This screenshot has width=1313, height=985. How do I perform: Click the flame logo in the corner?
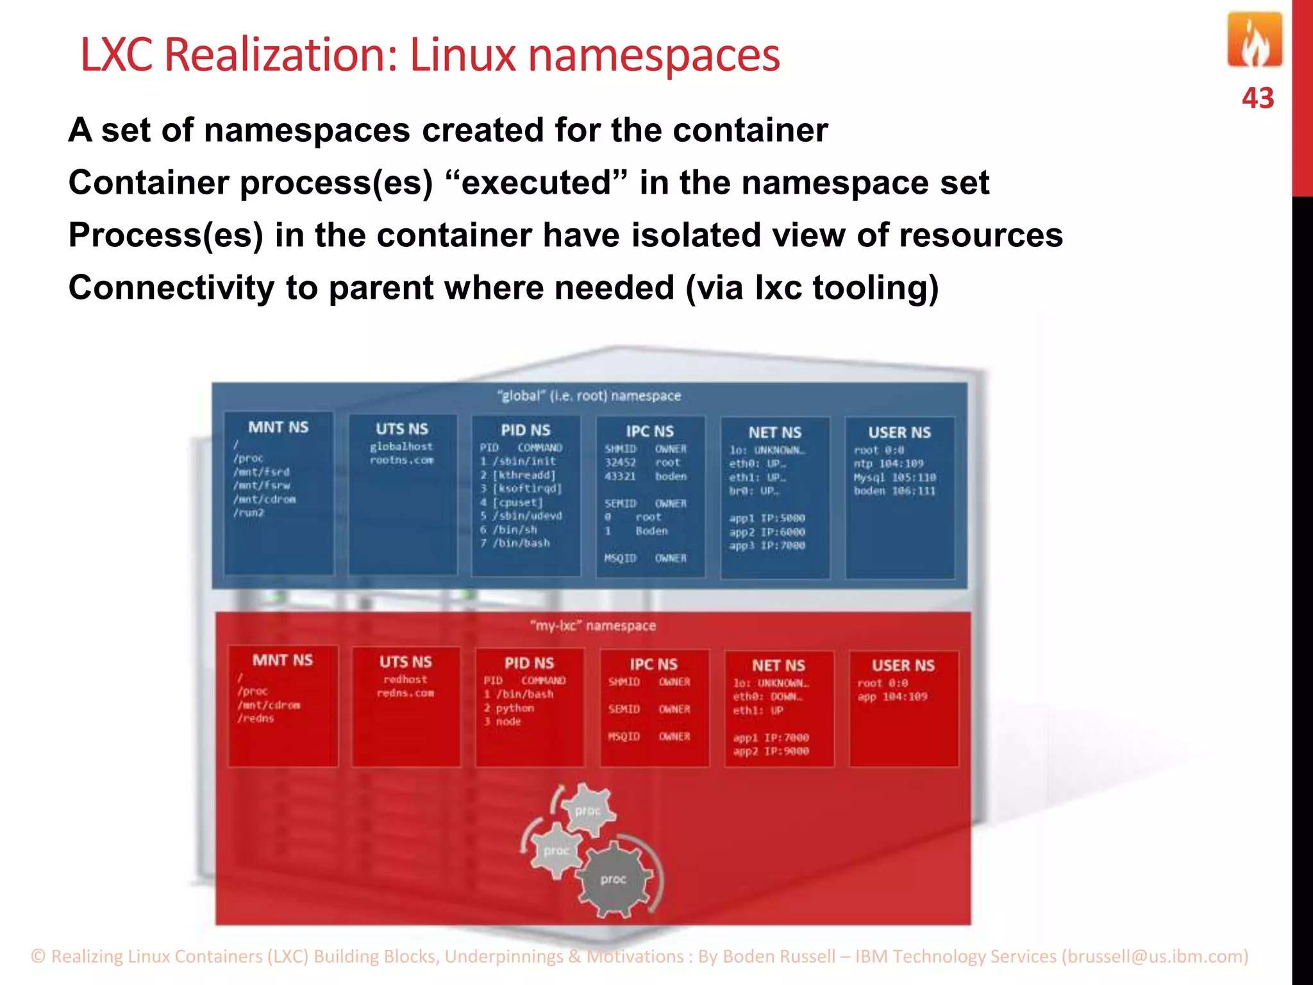[1255, 41]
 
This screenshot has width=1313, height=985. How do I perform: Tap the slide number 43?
[1257, 99]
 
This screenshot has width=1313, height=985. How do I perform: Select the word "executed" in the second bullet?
[536, 183]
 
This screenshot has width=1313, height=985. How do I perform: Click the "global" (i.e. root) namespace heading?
[589, 396]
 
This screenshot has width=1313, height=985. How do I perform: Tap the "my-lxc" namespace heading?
[592, 625]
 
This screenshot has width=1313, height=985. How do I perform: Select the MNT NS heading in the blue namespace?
[278, 427]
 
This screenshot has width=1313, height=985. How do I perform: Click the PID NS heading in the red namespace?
[529, 663]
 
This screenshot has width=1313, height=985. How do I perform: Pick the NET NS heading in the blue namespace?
[774, 433]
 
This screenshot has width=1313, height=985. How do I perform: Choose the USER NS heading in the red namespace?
[903, 666]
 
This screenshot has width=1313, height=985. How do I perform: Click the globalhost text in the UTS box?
[401, 446]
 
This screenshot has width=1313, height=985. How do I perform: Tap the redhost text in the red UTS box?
[405, 679]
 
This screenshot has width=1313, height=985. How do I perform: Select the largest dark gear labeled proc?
[614, 879]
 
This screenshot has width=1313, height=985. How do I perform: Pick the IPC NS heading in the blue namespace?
[649, 432]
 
